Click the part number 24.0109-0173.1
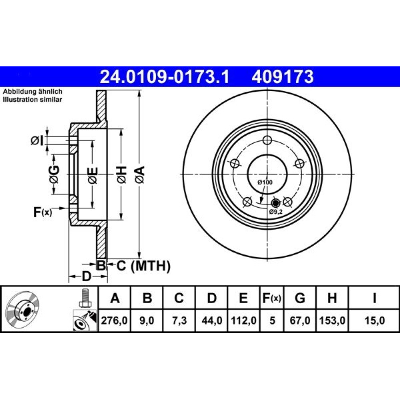click(x=164, y=77)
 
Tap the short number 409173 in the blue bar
click(x=283, y=77)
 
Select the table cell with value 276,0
click(x=114, y=320)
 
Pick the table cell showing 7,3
click(x=179, y=320)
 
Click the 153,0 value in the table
click(x=332, y=320)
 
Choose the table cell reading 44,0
click(x=212, y=320)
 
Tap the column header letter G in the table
click(x=300, y=298)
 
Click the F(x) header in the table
click(x=272, y=298)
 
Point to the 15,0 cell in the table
click(x=374, y=320)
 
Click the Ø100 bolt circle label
click(x=265, y=182)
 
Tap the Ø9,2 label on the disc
click(x=276, y=212)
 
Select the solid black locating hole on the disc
click(x=275, y=203)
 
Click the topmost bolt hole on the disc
click(x=267, y=140)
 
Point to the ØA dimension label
click(x=140, y=175)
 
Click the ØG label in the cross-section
click(x=54, y=174)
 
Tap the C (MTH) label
click(x=143, y=266)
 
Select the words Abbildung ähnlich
click(x=33, y=92)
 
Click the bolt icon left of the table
click(x=85, y=298)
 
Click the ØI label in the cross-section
click(x=37, y=141)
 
